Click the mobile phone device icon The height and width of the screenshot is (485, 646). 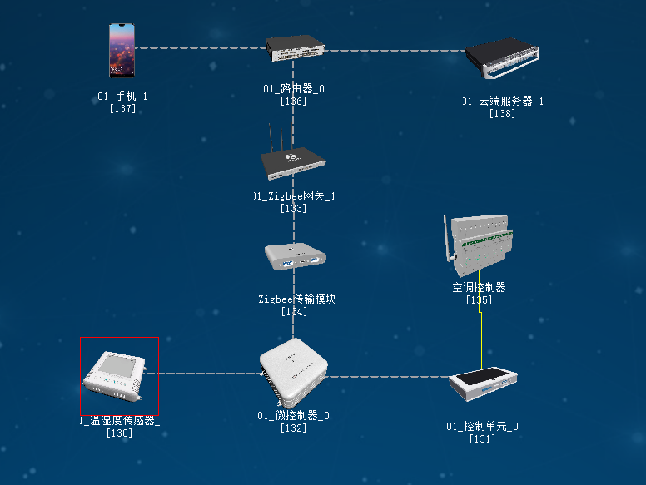[x=122, y=50]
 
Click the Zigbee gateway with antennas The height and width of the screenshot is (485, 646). [x=293, y=159]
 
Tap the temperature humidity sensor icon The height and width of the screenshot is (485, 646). [x=119, y=375]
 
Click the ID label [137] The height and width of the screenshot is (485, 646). [x=122, y=108]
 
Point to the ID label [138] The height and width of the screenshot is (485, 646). [x=502, y=113]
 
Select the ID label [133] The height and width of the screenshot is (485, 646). [x=294, y=208]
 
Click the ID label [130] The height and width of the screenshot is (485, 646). [x=119, y=433]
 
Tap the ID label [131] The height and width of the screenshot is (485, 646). [x=482, y=438]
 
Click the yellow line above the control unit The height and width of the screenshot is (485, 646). [x=481, y=337]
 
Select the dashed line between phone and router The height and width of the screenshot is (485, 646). [x=200, y=48]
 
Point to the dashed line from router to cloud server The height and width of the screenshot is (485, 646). [x=391, y=50]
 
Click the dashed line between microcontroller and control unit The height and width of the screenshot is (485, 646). [x=387, y=376]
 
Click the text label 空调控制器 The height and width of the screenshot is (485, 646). [x=479, y=288]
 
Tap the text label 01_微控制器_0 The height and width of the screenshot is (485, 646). [x=293, y=416]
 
